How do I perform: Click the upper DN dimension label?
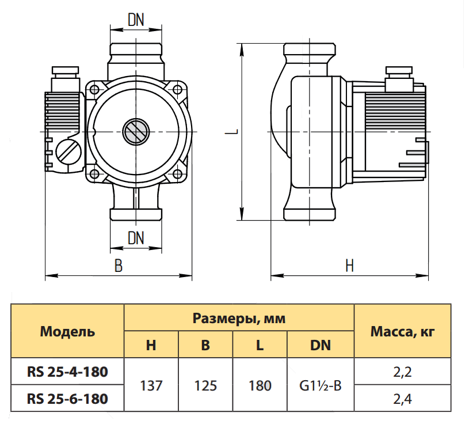click(x=136, y=20)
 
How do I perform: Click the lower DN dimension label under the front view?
click(x=136, y=238)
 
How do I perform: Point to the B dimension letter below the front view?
click(x=119, y=266)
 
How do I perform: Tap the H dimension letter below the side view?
click(x=349, y=266)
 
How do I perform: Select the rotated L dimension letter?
click(x=231, y=131)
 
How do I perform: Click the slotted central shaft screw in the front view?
click(x=136, y=131)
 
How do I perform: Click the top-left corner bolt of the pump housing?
click(x=94, y=89)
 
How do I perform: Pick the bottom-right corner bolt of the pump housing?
click(x=177, y=173)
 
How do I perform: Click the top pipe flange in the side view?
click(x=310, y=49)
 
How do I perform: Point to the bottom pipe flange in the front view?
click(x=136, y=214)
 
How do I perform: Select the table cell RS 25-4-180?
click(x=67, y=372)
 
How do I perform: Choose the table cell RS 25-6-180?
click(x=67, y=399)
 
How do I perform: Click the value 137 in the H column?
click(x=151, y=385)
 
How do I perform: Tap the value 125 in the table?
click(x=205, y=385)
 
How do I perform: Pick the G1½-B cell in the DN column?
click(x=321, y=385)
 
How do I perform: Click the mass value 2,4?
click(x=402, y=399)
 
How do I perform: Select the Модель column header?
click(x=67, y=332)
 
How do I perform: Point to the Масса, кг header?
click(x=402, y=332)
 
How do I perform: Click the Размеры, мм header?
click(x=239, y=319)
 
